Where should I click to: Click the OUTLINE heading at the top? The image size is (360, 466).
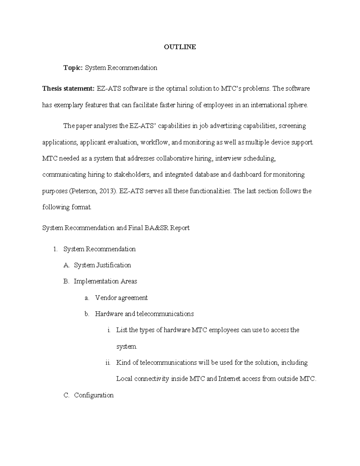pos(180,47)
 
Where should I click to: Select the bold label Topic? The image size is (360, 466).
pos(73,68)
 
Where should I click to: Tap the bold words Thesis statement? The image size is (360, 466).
pos(68,89)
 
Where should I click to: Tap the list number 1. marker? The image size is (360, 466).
pos(55,249)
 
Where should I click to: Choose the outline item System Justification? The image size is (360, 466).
pos(102,265)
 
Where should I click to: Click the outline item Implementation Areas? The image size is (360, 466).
pos(105,281)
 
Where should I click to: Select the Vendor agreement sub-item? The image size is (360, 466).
pos(121,298)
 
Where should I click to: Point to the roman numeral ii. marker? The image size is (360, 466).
pos(108,363)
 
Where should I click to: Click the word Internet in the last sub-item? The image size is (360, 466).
pos(229,379)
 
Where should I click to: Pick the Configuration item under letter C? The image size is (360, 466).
pos(94,395)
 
